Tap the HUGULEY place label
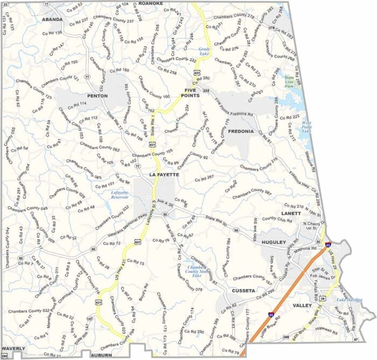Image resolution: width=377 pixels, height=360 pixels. click(x=273, y=243)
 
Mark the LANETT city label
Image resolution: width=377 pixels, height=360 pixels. click(x=291, y=213)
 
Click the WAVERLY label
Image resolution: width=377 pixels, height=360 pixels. click(x=13, y=349)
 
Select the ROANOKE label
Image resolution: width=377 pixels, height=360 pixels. click(x=150, y=3)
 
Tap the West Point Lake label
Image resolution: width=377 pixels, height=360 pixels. click(x=306, y=127)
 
